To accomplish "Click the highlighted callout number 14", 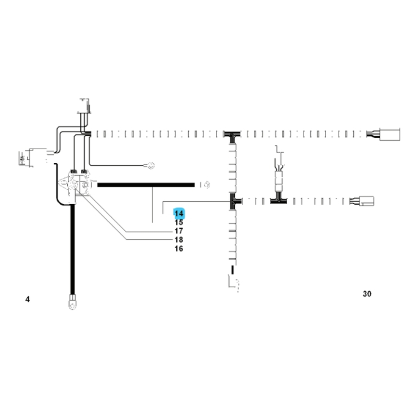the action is [x=179, y=214].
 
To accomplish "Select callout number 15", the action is [x=179, y=223].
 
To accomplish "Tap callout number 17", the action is [x=179, y=231].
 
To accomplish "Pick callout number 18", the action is [x=179, y=240].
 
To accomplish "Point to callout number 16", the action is [x=179, y=249].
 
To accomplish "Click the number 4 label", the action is [x=28, y=299].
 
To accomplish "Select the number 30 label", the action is [x=367, y=294].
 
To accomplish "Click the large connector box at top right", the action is [x=389, y=134].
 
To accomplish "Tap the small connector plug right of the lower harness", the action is [x=366, y=201].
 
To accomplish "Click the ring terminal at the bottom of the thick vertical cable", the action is [x=72, y=302].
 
